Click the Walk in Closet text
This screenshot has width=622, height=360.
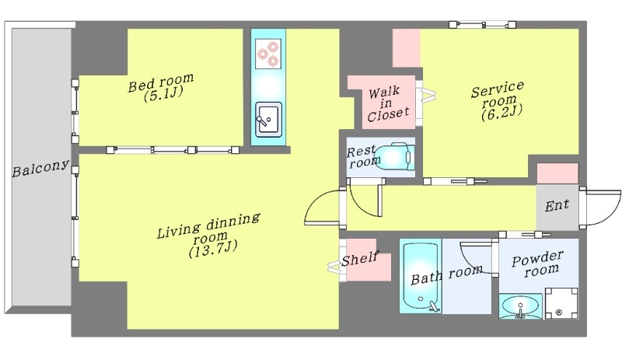[x=387, y=104]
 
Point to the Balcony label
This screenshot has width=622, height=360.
[x=40, y=168]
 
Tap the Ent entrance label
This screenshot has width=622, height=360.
[x=557, y=205]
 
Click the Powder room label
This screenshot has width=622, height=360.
[x=538, y=264]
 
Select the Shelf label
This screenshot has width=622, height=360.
[x=360, y=259]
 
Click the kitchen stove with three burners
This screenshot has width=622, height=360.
[x=268, y=53]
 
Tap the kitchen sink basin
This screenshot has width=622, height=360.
[x=268, y=120]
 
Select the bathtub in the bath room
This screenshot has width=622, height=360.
[x=421, y=276]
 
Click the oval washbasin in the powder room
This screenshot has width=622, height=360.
[x=520, y=306]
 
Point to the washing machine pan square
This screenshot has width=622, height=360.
[x=561, y=303]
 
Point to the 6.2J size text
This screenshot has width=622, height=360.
[x=501, y=113]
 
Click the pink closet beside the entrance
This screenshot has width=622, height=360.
[x=557, y=173]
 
